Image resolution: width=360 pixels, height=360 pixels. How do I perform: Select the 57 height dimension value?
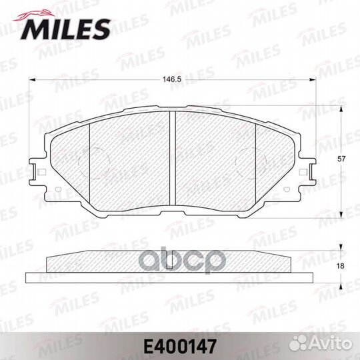(341, 159)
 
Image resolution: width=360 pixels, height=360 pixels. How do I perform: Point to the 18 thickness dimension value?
(341, 266)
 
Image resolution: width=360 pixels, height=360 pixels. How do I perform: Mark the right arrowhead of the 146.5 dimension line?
(315, 81)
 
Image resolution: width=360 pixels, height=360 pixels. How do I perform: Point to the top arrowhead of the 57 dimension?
(343, 108)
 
